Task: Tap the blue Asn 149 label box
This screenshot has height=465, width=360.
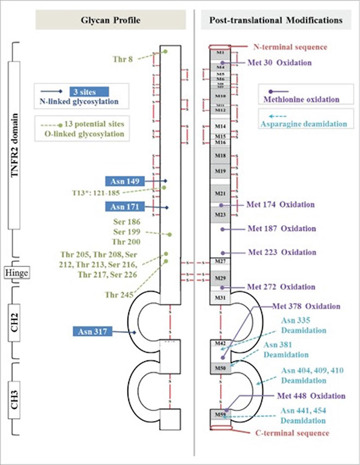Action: point(125,181)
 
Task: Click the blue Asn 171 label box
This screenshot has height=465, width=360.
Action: point(125,207)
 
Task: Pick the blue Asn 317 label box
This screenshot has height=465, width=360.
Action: point(93,331)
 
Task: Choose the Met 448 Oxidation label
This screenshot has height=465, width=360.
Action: point(312,395)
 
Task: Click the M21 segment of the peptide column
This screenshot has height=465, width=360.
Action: point(220,193)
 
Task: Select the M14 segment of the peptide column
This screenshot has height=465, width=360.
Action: point(220,126)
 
